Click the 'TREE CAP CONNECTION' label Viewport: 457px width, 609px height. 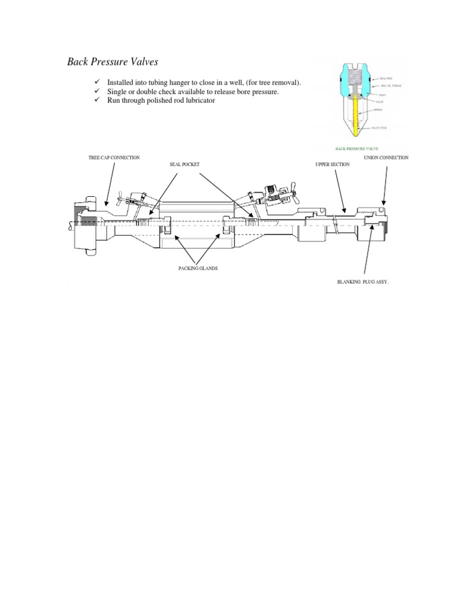[x=114, y=158]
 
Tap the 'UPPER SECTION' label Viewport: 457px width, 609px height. [x=332, y=164]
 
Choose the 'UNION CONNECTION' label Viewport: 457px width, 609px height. [x=386, y=158]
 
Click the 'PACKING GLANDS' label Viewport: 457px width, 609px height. [x=198, y=269]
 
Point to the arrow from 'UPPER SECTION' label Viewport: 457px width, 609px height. [x=339, y=190]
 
